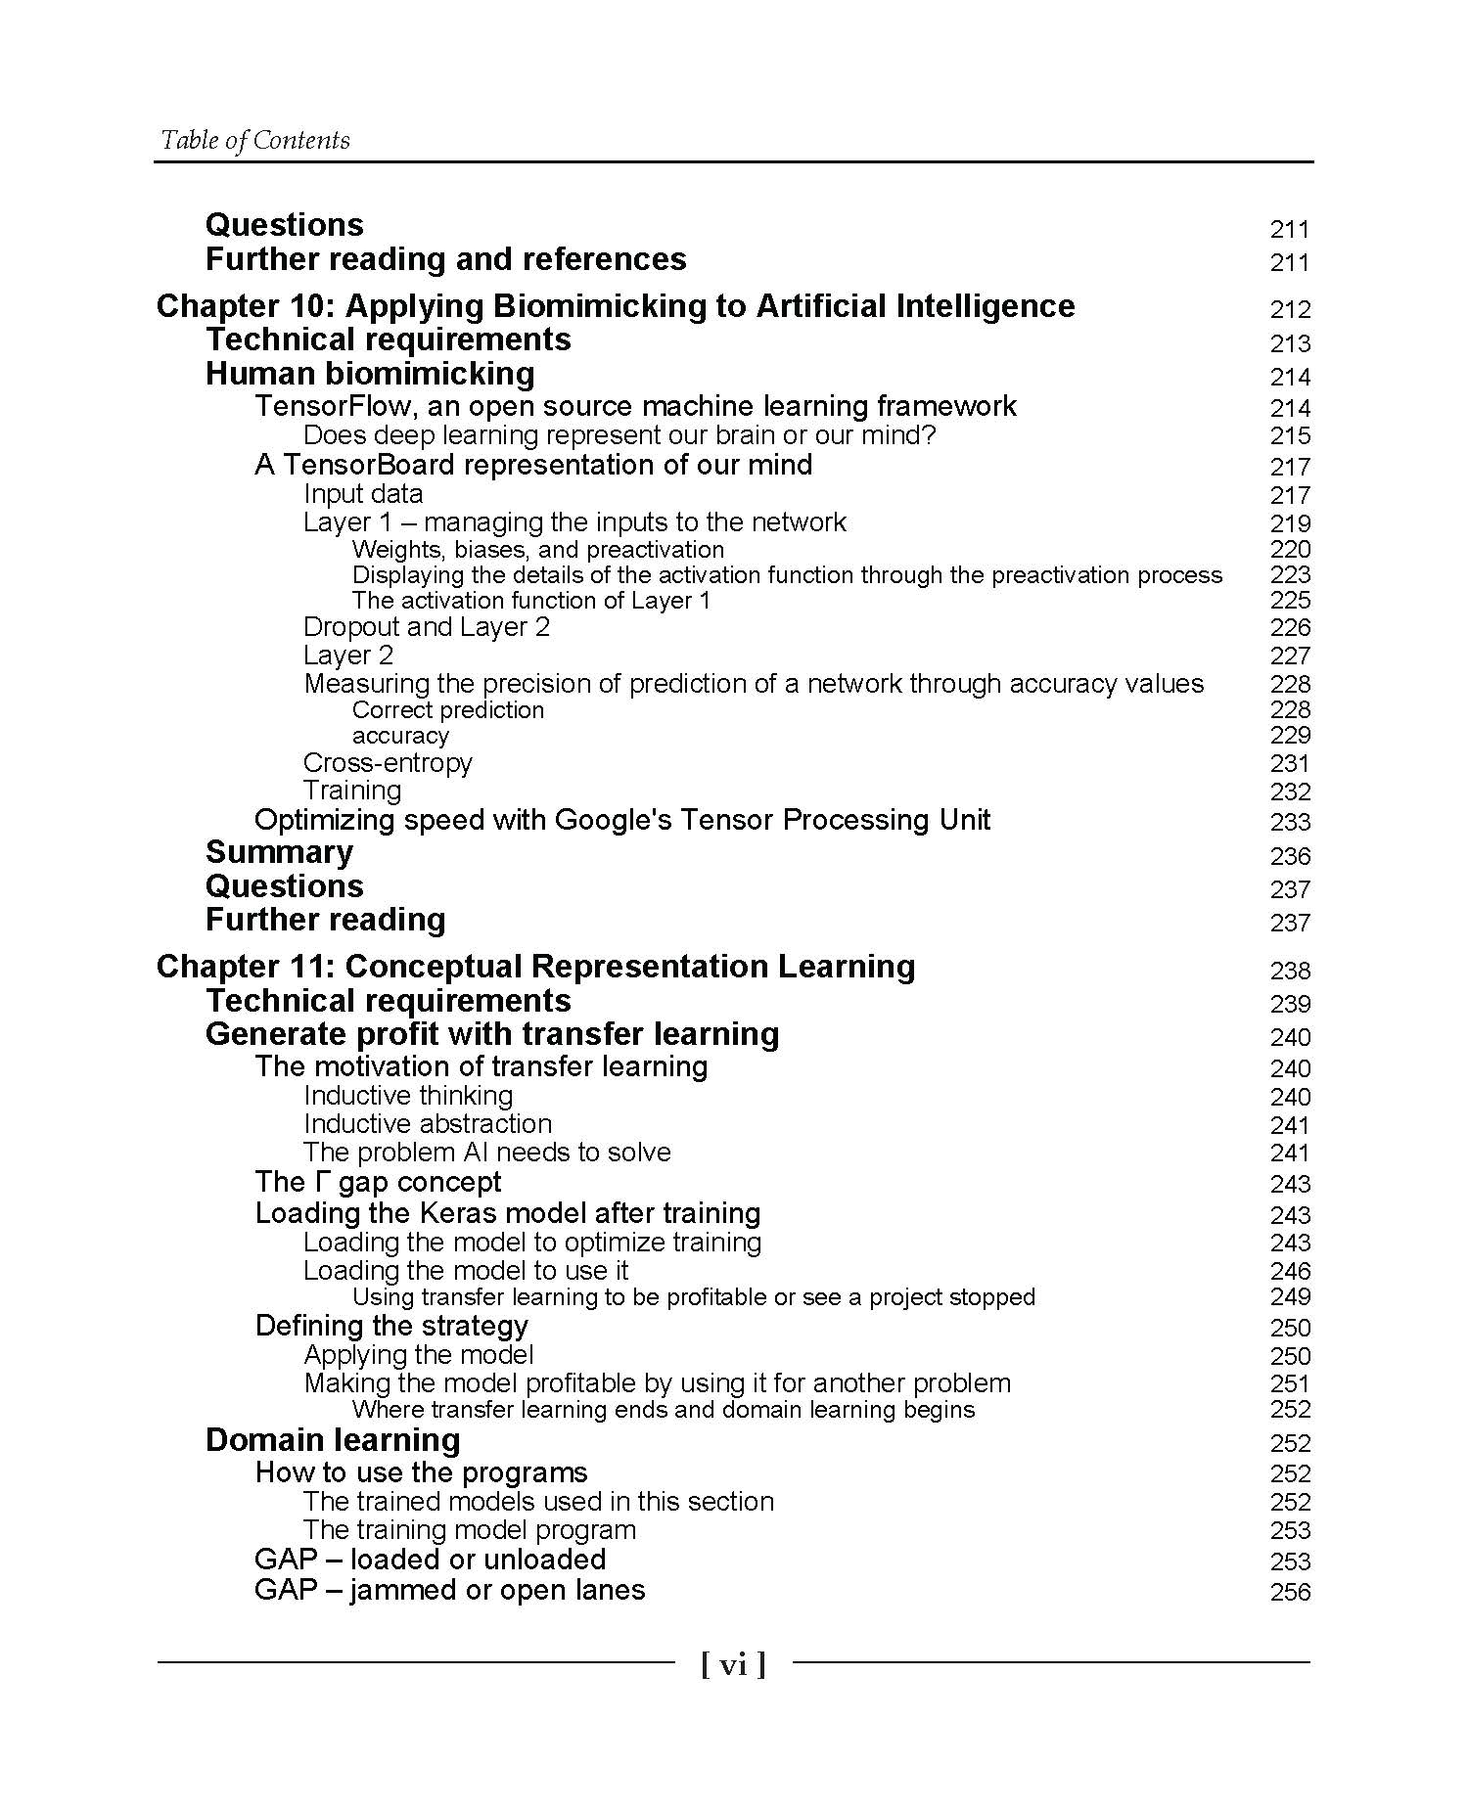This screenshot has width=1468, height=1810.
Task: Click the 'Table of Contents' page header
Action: [x=254, y=140]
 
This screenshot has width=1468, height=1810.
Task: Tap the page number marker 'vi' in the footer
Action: [x=733, y=1664]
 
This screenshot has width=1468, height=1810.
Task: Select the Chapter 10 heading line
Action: [x=615, y=306]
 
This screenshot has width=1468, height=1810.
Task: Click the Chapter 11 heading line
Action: [x=535, y=967]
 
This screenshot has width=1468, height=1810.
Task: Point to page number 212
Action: [x=1289, y=310]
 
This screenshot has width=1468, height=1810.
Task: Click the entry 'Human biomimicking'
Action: [x=370, y=374]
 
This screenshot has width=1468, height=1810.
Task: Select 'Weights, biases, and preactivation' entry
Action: [x=537, y=550]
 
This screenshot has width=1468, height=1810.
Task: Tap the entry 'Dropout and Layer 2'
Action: [x=427, y=627]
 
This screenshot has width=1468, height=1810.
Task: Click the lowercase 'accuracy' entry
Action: [x=400, y=736]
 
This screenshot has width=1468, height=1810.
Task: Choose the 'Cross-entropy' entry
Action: [x=388, y=763]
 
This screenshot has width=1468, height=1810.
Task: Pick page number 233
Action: [x=1289, y=822]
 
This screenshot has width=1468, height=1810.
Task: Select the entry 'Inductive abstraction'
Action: [x=428, y=1124]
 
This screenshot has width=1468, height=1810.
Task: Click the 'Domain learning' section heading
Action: [x=333, y=1440]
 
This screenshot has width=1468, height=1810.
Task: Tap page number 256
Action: [x=1289, y=1592]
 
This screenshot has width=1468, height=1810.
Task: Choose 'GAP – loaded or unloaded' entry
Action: [x=430, y=1560]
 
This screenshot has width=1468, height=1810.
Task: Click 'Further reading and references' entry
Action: [x=445, y=259]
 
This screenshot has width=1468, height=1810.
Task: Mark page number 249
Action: [x=1289, y=1297]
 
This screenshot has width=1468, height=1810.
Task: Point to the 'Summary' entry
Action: [x=279, y=853]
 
